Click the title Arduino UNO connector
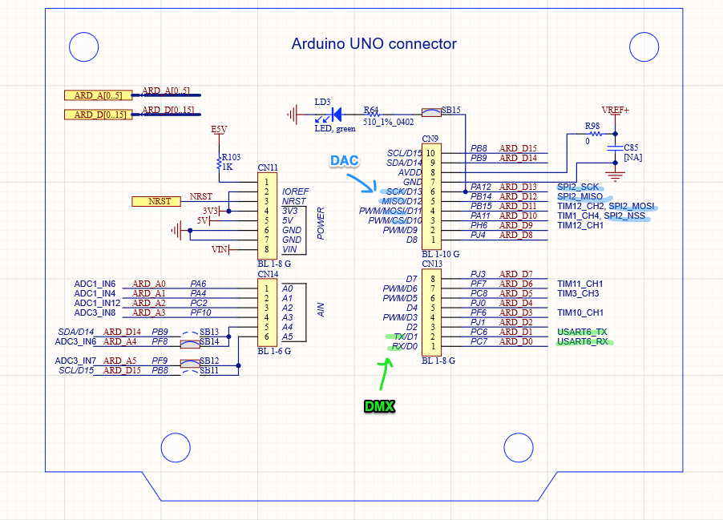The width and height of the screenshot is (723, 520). [374, 44]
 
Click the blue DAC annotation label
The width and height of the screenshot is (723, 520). [346, 160]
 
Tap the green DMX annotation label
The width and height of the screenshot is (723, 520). [379, 406]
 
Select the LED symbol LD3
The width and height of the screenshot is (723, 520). [335, 114]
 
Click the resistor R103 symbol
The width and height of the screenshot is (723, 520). [220, 163]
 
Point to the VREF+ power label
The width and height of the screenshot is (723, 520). [615, 109]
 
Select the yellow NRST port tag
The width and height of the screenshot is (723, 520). [156, 200]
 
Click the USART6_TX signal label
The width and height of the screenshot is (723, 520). [582, 332]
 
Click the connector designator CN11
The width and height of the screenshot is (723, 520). [268, 168]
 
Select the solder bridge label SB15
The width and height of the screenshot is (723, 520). [451, 110]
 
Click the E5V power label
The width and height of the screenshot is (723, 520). [219, 129]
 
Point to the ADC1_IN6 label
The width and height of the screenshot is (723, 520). [95, 284]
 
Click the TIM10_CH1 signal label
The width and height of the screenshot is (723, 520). [580, 312]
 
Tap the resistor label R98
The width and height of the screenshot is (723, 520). [592, 126]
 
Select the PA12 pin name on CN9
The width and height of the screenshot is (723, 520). [481, 187]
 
